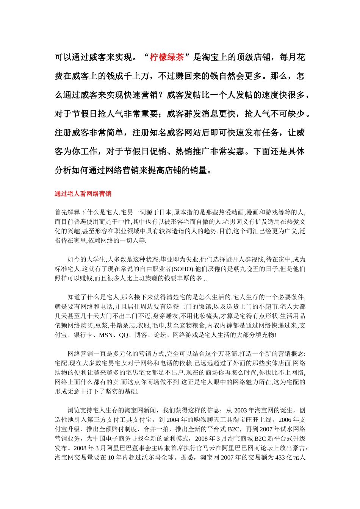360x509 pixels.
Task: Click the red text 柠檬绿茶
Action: (167, 57)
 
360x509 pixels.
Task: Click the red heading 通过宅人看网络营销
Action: (83, 194)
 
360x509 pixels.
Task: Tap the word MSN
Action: (106, 335)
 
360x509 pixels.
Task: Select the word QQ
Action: (124, 335)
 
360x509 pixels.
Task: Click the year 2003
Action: (241, 410)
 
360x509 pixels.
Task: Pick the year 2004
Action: (173, 420)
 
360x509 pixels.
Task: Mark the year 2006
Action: (285, 420)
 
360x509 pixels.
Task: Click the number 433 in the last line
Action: (280, 457)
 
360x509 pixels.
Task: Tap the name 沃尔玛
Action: (152, 457)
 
